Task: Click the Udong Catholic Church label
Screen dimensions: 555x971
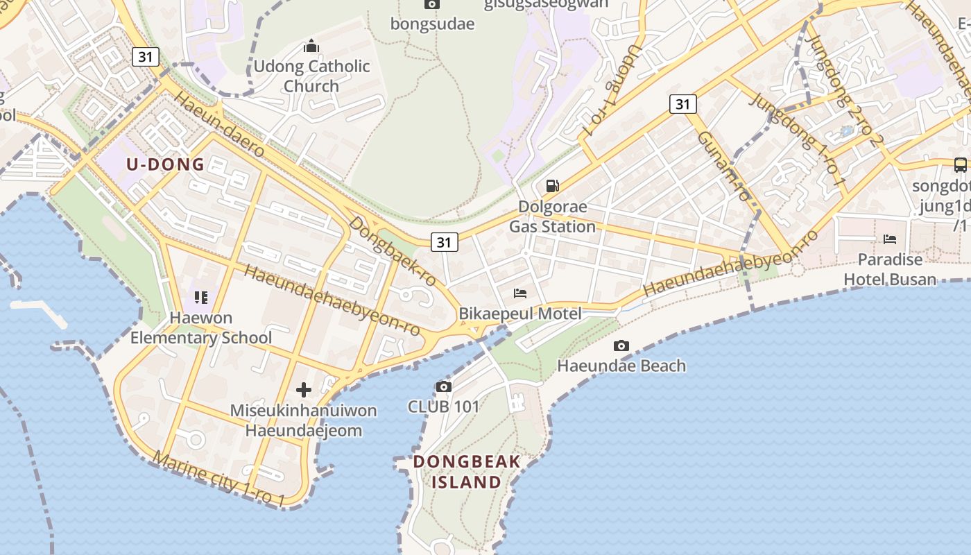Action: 311,76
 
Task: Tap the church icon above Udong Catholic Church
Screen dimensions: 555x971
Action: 311,46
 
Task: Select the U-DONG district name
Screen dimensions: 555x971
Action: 165,164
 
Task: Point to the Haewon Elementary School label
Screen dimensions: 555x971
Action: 201,328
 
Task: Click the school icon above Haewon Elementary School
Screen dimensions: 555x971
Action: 201,298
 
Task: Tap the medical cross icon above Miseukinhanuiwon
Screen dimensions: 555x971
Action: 304,390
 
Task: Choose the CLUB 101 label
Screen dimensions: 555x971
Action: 443,407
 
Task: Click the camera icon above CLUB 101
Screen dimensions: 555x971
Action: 444,386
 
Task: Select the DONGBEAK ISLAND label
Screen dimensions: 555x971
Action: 466,472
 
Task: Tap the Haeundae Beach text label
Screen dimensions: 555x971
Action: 621,366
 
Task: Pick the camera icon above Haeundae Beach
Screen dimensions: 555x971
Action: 621,345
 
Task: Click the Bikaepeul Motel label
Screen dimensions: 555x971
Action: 520,314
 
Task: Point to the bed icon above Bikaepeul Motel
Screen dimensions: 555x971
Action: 520,293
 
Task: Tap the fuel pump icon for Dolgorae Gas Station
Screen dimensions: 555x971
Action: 553,185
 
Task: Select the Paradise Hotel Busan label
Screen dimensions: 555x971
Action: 890,269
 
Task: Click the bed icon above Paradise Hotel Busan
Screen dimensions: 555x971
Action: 890,239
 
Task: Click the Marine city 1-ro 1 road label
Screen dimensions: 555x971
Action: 219,479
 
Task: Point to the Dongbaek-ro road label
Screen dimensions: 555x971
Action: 392,251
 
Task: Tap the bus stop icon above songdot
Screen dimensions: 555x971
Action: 961,165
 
